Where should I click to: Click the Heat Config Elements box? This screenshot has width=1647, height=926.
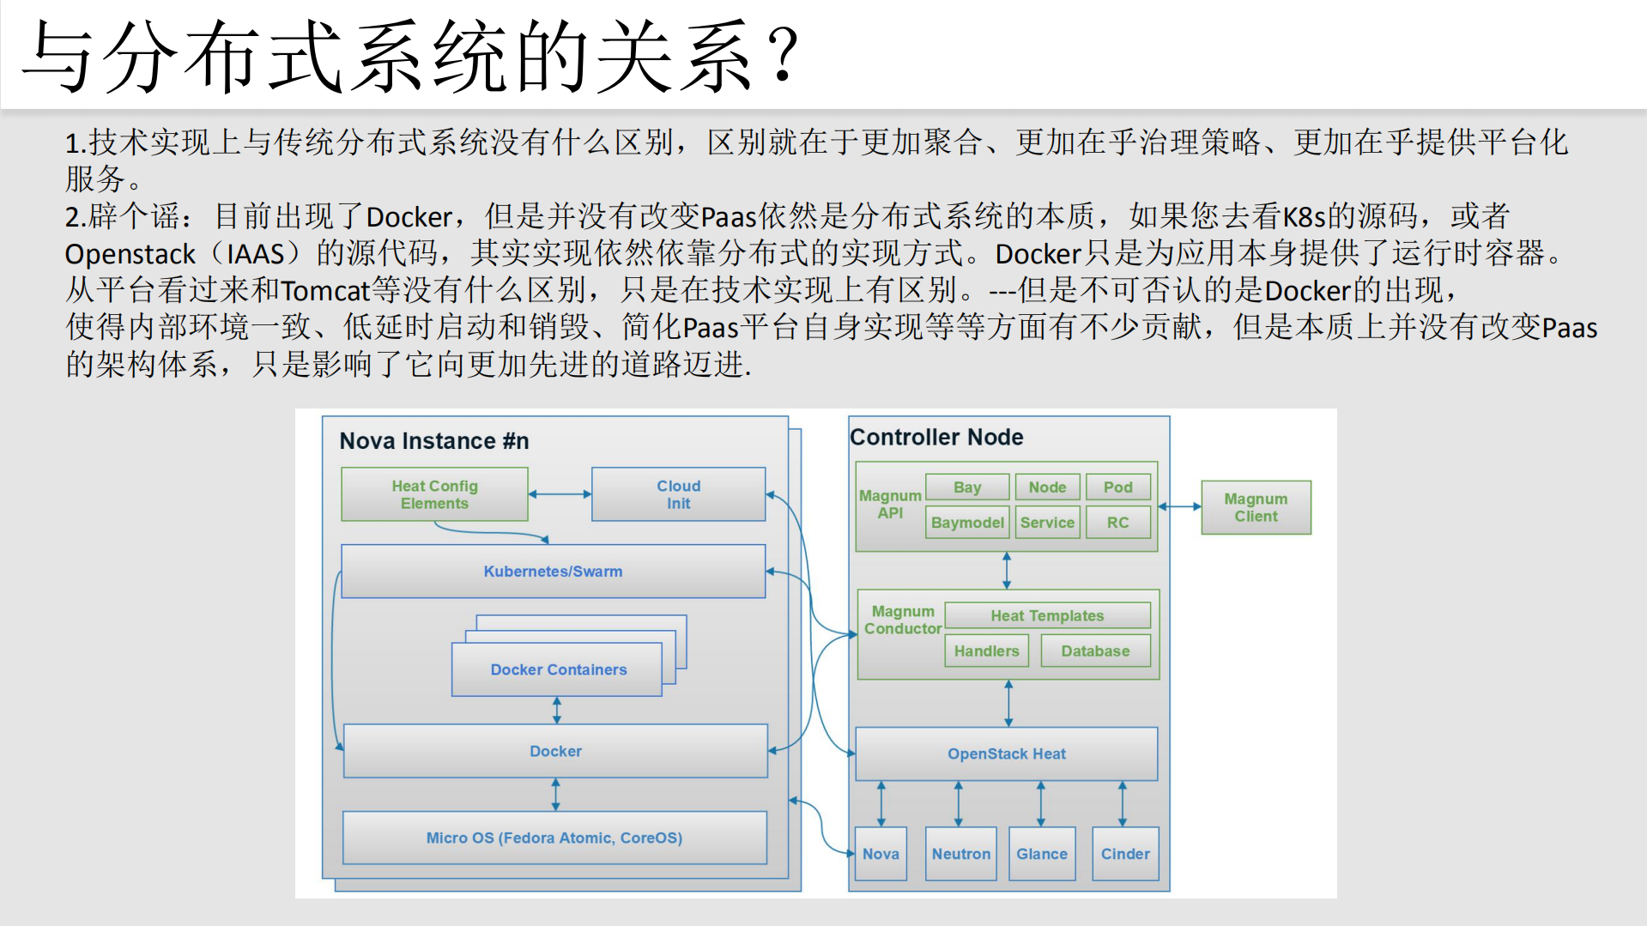click(x=434, y=494)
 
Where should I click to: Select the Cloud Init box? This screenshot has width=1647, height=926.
click(x=678, y=494)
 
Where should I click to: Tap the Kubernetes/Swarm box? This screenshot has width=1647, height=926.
click(x=553, y=572)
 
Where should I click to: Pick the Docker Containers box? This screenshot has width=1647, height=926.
click(x=557, y=669)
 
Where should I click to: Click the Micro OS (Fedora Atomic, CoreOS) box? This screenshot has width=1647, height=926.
click(x=554, y=838)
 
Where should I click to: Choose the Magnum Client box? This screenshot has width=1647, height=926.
click(x=1256, y=507)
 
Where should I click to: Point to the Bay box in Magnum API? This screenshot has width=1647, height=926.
click(x=967, y=487)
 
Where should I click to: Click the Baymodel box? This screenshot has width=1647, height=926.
click(x=967, y=523)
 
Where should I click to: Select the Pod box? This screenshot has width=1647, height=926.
click(x=1117, y=487)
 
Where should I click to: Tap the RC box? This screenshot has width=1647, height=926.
click(x=1117, y=523)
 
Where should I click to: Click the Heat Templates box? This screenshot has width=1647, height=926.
click(x=1047, y=615)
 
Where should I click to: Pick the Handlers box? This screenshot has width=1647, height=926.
click(x=986, y=651)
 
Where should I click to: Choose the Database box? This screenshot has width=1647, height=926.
click(x=1095, y=651)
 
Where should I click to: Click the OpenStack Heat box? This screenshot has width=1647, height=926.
click(x=1006, y=754)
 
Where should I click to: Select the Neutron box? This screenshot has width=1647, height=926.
click(x=961, y=854)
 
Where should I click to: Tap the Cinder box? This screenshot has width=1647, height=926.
click(x=1125, y=854)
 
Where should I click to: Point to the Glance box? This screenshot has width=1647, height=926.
click(x=1042, y=854)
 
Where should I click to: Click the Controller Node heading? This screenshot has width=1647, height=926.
click(x=936, y=438)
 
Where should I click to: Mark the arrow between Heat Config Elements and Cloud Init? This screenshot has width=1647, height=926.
click(x=560, y=494)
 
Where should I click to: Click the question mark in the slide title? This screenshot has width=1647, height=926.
click(x=784, y=55)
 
